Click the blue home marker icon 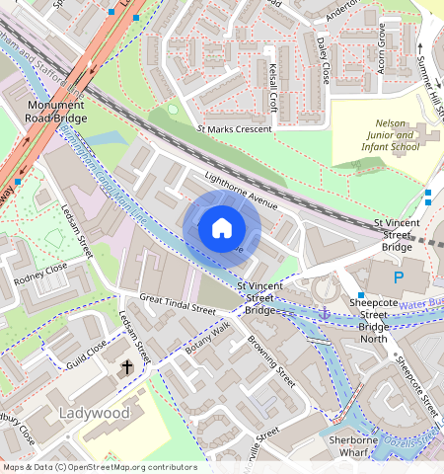(x=222, y=228)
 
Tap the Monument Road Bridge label (x=56, y=112)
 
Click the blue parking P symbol (x=399, y=278)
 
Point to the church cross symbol (x=126, y=367)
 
